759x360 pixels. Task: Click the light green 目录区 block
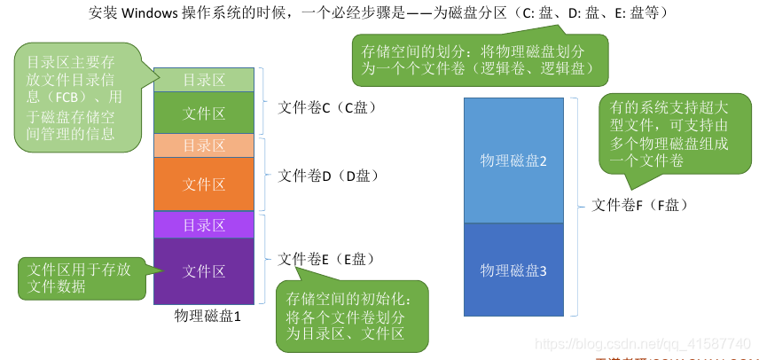[x=204, y=80]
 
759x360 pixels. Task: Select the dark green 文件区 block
[x=204, y=113]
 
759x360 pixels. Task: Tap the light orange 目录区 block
[x=204, y=145]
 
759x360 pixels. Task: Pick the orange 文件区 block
[x=204, y=184]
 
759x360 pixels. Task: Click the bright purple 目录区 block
[x=204, y=225]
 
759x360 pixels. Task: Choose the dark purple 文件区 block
[x=204, y=271]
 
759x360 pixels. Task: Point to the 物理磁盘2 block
[x=513, y=160]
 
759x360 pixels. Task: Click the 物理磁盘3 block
[x=513, y=270]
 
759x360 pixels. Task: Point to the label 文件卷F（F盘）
[x=640, y=205]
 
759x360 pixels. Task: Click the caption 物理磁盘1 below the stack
[x=208, y=316]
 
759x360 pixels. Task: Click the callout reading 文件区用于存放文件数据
[x=79, y=278]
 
